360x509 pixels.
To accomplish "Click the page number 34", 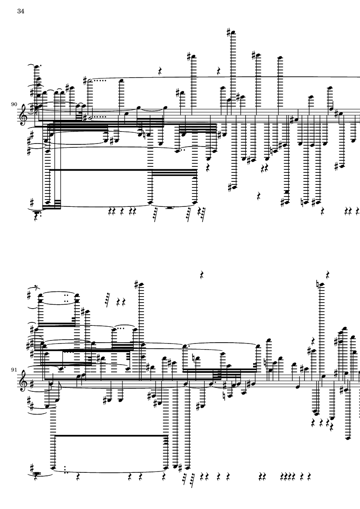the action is coord(21,11).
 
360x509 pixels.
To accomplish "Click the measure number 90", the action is coord(14,104).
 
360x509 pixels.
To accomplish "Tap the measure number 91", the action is coord(14,370).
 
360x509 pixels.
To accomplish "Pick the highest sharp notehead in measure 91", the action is coord(141,284).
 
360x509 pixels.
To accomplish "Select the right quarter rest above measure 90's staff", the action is coord(219,70).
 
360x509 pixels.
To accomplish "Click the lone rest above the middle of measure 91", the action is coord(202,275).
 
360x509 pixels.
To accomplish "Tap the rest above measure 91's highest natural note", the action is coord(328,275).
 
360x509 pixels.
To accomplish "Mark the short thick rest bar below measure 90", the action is coord(169,207).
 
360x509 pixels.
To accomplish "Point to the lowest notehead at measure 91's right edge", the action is coord(348,438).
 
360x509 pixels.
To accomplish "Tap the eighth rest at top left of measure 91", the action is coord(36,287).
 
